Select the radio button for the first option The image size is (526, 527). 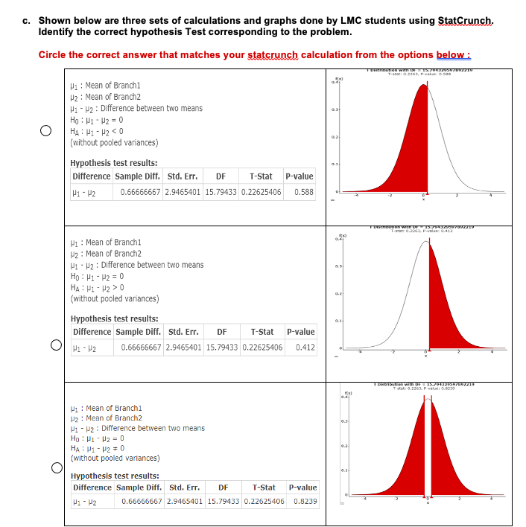tap(45, 131)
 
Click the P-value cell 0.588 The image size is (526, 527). tap(303, 191)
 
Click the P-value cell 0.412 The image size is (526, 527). tap(304, 347)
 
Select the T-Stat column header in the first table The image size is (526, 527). tap(261, 176)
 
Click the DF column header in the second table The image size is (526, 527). tap(221, 332)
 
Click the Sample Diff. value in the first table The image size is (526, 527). tap(141, 191)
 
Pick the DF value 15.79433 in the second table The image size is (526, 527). tap(221, 347)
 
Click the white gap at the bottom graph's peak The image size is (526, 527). tap(427, 447)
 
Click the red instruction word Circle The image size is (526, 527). tap(54, 55)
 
